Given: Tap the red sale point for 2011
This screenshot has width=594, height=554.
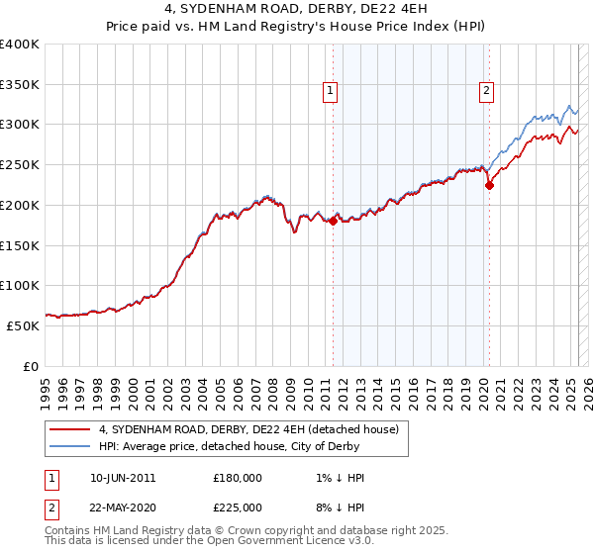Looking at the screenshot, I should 333,222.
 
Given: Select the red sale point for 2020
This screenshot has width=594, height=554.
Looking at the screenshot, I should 489,185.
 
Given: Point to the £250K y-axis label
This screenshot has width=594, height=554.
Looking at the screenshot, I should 21,165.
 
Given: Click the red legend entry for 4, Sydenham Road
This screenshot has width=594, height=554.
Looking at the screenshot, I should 247,429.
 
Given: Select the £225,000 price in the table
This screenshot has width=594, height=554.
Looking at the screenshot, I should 238,508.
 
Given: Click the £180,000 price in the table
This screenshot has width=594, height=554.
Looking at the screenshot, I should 238,478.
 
